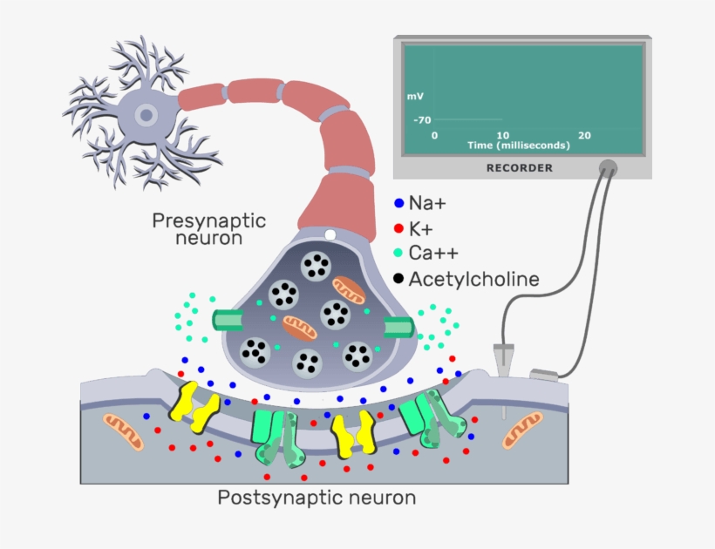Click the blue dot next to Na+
(398, 204)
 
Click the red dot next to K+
(398, 229)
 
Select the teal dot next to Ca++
(398, 254)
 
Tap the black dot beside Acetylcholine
(398, 279)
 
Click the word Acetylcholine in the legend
(473, 279)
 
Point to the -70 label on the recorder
(423, 119)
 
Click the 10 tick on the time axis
(503, 135)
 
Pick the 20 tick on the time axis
(584, 135)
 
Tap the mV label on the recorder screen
(414, 96)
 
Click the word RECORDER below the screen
(519, 167)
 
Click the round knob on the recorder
(608, 167)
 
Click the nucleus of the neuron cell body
(146, 114)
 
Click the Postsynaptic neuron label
(316, 498)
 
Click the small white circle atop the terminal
(330, 234)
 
